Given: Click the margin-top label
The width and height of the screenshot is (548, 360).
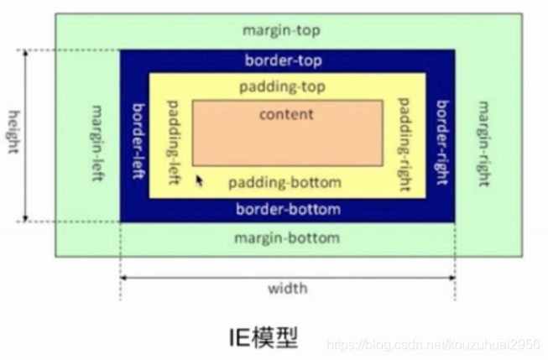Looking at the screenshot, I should pos(281,31).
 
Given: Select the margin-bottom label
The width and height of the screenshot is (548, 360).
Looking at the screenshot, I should pos(287,238).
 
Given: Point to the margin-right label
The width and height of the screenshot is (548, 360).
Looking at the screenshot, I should pos(483,135).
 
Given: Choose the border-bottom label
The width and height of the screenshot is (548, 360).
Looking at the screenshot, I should pos(288,209).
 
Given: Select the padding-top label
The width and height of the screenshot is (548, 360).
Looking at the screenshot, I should pos(282,86).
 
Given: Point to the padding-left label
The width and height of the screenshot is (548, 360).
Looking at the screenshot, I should pos(174,134).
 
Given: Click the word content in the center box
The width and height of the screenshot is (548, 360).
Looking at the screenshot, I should pos(286,114).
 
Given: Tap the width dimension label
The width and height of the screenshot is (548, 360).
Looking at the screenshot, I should pos(288,289).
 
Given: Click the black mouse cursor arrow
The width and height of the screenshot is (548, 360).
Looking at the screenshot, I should pos(200,180).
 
